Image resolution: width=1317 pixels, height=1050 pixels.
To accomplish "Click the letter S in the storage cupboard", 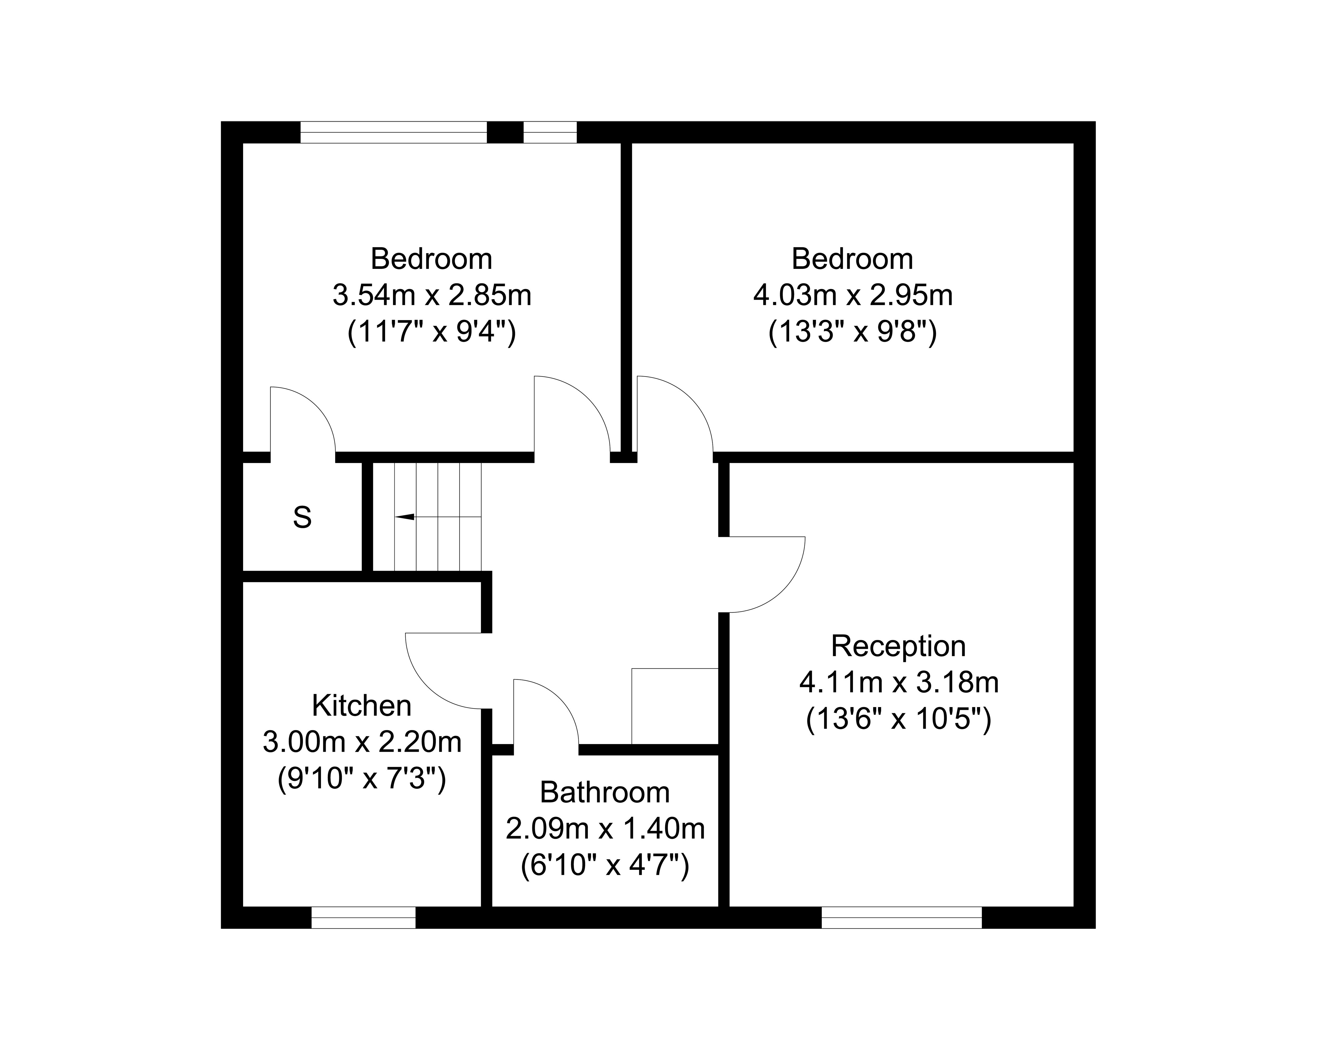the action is point(302,517).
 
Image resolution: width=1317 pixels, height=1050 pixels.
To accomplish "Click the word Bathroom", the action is point(605,793).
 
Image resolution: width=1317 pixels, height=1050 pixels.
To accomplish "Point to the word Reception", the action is point(898,646).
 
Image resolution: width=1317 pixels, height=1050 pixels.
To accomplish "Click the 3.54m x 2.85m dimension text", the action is point(432,296).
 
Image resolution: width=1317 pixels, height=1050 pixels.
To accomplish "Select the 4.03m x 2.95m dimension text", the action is point(853,296).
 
